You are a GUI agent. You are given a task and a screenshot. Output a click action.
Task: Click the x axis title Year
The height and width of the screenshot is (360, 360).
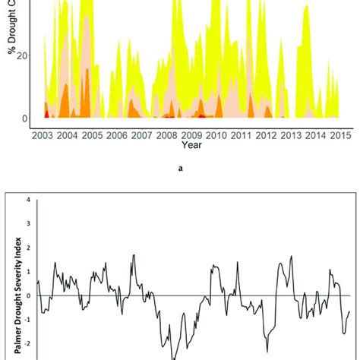[191, 144]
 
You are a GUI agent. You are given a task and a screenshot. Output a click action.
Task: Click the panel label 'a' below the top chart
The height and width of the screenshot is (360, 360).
[180, 169]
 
